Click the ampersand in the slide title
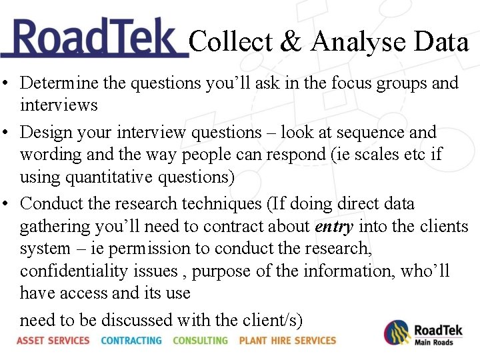(290, 42)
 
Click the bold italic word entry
(334, 227)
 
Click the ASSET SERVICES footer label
(53, 341)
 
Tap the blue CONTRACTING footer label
(131, 341)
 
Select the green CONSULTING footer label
(200, 341)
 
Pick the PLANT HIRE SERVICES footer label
(287, 341)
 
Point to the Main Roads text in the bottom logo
(433, 343)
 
